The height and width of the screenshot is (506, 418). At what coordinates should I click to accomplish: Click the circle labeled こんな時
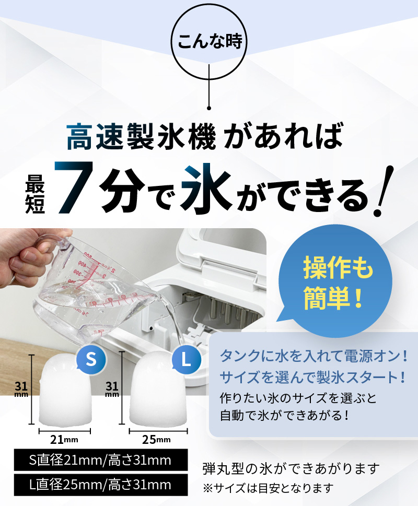(x=209, y=41)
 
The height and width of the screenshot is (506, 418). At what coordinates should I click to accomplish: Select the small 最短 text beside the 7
(x=35, y=194)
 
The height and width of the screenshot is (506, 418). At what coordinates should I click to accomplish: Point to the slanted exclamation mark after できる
(x=384, y=191)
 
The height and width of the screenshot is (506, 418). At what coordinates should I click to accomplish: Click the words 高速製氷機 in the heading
(x=141, y=136)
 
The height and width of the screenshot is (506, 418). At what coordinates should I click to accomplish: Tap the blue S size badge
(x=91, y=359)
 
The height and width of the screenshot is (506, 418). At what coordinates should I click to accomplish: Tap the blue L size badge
(x=186, y=359)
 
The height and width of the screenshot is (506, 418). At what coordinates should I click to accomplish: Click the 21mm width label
(x=64, y=439)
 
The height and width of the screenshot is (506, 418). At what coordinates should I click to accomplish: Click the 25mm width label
(x=156, y=439)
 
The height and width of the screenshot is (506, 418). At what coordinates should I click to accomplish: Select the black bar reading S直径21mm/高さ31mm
(x=101, y=460)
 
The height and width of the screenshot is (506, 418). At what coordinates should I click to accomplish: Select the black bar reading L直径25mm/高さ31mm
(x=101, y=485)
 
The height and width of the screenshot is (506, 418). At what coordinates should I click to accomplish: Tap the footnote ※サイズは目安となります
(x=268, y=488)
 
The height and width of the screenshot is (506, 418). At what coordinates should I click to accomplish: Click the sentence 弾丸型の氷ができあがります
(x=291, y=468)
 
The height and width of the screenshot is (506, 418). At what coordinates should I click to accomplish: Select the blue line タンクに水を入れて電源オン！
(x=313, y=356)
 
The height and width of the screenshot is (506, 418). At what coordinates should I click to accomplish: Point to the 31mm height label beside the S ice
(x=21, y=389)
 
